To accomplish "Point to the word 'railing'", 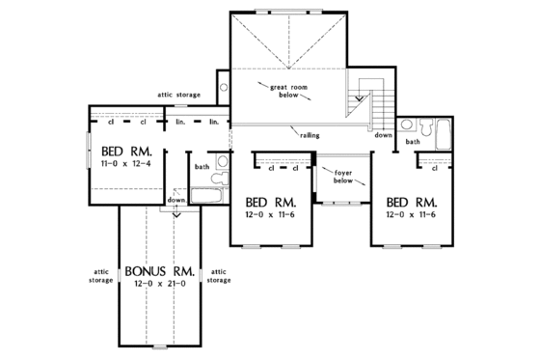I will tap(310, 137).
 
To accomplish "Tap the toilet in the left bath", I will tap(221, 163).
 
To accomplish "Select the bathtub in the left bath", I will tap(205, 195).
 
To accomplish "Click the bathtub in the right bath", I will tap(445, 133).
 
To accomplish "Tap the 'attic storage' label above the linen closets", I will tap(179, 96).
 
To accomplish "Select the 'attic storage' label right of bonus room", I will tap(219, 275).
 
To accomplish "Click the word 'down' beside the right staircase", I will tap(384, 136).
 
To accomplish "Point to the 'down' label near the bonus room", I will tap(175, 199).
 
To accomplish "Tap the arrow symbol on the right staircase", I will tap(360, 97).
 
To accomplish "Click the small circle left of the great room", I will tap(224, 87).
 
